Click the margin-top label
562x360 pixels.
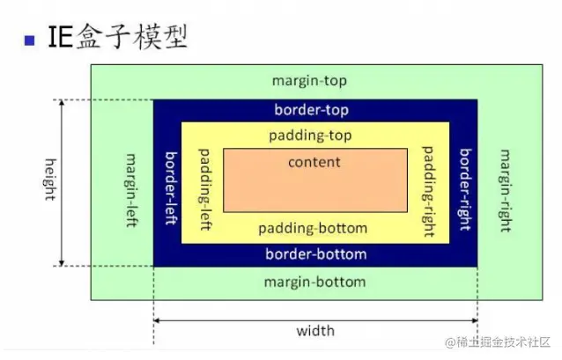click(309, 81)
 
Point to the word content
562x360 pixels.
click(314, 162)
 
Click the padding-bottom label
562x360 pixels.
click(313, 228)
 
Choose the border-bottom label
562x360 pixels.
click(315, 254)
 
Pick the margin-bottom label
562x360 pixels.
click(314, 283)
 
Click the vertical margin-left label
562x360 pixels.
click(131, 189)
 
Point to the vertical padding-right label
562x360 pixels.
click(429, 189)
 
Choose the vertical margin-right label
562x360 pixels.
click(505, 188)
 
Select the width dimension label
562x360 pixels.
click(314, 331)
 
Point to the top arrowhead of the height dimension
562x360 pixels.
click(62, 103)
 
